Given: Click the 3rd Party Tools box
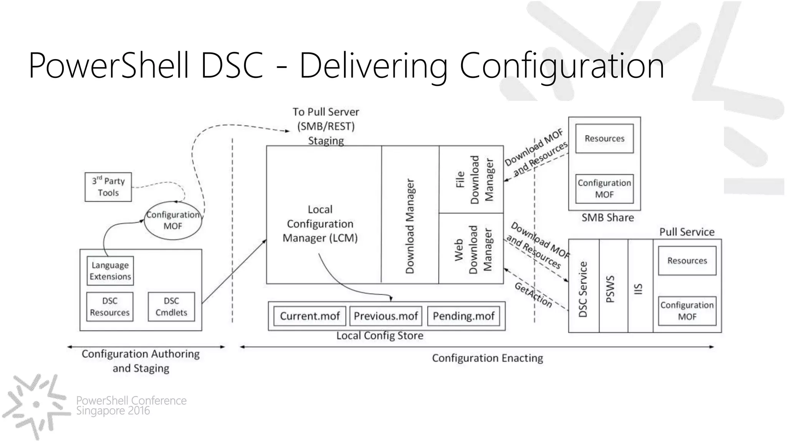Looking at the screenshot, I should [x=108, y=187].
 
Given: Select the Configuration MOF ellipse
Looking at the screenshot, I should [x=173, y=220].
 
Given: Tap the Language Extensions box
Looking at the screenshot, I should [x=110, y=271].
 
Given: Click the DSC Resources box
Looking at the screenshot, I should [x=110, y=307].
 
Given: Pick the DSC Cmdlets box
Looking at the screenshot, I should [x=171, y=307].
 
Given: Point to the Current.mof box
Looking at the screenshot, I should [x=310, y=316].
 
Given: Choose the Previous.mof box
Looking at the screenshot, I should [x=385, y=316].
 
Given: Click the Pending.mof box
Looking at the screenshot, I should [x=463, y=316].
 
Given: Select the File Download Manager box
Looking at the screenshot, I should [x=471, y=179].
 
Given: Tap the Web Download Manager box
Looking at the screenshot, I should [x=471, y=249].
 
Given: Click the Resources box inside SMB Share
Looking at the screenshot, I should [x=604, y=139].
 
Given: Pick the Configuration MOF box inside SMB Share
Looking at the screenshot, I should [x=604, y=188].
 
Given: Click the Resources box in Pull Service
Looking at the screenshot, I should [x=687, y=261].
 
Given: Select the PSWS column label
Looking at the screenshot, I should [x=610, y=289].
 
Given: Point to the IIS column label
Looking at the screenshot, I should [x=638, y=289].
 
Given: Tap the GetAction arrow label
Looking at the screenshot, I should [x=533, y=295].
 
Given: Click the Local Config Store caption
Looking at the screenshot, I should [x=380, y=336].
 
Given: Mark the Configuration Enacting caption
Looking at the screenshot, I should [x=487, y=358].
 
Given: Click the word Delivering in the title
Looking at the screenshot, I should [x=374, y=66].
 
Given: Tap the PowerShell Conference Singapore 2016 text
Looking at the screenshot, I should [x=131, y=406].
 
